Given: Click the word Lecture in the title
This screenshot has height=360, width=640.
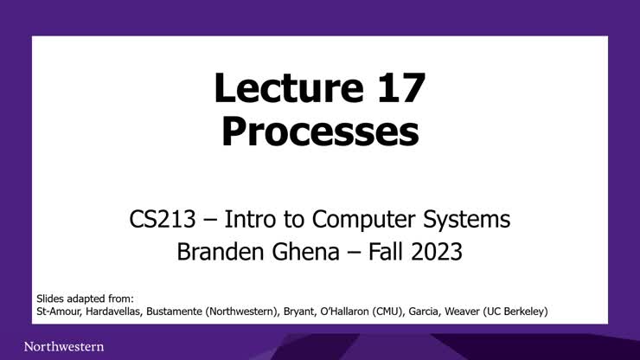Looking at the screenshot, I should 276,89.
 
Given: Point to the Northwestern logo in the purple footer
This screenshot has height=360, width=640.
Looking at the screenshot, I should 64,346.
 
